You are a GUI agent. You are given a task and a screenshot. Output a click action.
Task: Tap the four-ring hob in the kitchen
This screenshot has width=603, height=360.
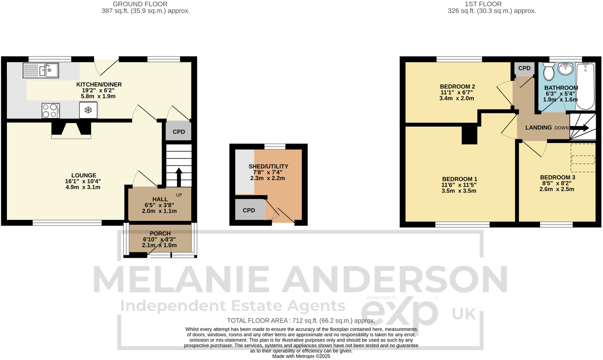coord(51,111)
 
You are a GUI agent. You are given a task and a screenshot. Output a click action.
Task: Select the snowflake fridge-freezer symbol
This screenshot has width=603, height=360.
coord(88,110)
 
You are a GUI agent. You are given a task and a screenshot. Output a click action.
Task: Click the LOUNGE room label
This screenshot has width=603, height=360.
coord(84,175)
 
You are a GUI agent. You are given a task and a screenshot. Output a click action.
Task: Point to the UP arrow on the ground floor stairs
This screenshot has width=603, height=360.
coord(179,177)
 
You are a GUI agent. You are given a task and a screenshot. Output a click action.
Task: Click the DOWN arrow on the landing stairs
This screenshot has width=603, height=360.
coord(579,128)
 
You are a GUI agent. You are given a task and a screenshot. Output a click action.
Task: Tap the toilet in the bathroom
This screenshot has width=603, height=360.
coord(548,71)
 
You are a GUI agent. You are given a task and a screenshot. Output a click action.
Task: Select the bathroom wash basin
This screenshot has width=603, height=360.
coord(566,69)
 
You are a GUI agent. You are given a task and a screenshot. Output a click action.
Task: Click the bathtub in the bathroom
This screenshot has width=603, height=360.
coord(585,86)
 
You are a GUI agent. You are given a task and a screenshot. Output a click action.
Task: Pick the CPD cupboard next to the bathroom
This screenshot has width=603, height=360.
coord(524,69)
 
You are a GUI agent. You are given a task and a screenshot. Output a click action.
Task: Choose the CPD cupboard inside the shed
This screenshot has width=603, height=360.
coord(249,210)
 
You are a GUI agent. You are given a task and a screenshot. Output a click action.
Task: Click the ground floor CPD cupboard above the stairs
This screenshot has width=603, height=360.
coord(179,131)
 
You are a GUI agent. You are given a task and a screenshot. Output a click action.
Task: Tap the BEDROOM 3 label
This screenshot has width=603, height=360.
coord(557,177)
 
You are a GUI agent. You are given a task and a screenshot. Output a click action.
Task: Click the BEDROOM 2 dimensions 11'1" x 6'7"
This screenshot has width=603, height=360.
coord(457,93)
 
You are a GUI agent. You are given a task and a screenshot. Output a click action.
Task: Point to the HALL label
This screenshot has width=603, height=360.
coord(160,199)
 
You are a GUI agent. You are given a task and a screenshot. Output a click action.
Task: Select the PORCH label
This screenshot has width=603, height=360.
coord(160,234)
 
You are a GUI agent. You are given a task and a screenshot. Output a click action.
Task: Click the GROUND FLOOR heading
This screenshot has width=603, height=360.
coord(140,4)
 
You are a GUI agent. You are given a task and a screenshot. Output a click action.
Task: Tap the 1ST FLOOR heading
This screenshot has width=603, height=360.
coord(483,4)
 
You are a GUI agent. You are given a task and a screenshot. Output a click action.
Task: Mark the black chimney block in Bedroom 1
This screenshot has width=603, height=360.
coord(469,135)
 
